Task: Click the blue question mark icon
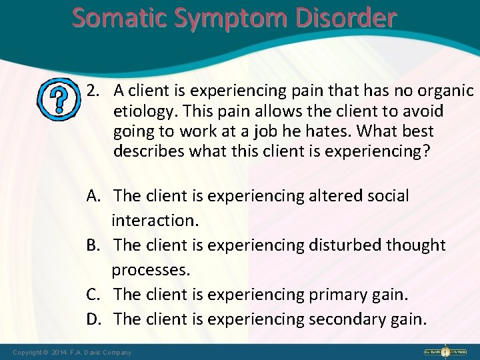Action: [58, 99]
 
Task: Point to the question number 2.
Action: [93, 90]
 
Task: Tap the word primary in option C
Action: [337, 294]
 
